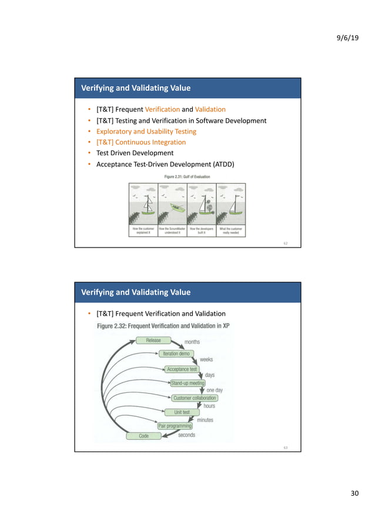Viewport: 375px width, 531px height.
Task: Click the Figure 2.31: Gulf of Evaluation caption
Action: pos(186,176)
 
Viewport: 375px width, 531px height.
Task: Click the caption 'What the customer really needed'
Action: pos(231,231)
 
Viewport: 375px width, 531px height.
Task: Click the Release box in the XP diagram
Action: pos(153,340)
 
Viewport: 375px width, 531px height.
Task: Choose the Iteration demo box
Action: pos(176,353)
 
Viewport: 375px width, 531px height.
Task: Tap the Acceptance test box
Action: pos(182,369)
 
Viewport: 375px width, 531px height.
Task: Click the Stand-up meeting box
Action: pos(187,383)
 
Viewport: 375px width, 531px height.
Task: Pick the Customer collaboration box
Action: pos(195,398)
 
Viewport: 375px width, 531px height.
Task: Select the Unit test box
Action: pos(182,412)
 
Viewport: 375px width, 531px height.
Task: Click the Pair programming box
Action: pos(175,425)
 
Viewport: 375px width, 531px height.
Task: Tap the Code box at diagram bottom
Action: pos(143,436)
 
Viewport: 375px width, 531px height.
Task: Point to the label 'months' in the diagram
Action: pos(192,342)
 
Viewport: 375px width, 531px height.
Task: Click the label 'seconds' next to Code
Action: pos(186,435)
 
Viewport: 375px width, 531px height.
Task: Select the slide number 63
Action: pos(286,447)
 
